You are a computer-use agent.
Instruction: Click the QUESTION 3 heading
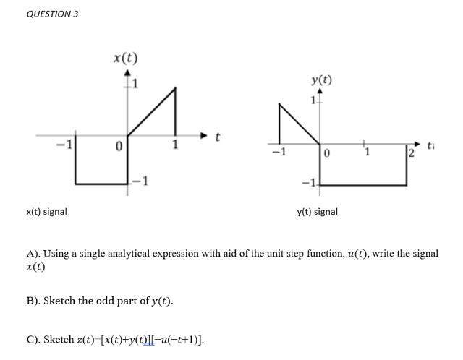coord(52,14)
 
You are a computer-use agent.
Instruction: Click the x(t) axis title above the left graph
coord(125,57)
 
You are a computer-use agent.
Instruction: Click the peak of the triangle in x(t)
coord(175,88)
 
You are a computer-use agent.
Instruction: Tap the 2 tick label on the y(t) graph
coord(410,153)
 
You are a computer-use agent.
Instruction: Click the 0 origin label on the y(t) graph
coord(327,153)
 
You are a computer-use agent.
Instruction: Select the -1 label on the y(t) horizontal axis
coord(276,153)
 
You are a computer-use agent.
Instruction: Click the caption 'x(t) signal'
coord(46,212)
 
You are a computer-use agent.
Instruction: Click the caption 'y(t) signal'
coord(317,212)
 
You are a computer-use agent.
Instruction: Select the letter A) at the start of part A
coord(33,254)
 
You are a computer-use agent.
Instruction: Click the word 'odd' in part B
coord(114,301)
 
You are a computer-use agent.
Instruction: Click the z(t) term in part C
coord(87,340)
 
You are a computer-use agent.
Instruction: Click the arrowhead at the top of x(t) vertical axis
coord(128,73)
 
